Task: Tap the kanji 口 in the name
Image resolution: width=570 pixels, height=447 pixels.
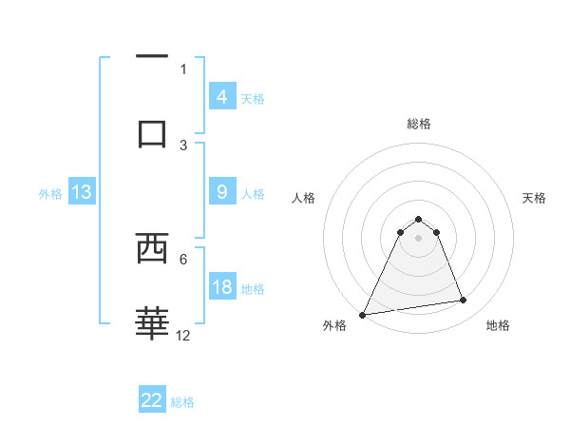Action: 152,134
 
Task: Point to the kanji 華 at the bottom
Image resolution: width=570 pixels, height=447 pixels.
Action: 152,324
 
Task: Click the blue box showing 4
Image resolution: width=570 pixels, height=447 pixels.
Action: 221,97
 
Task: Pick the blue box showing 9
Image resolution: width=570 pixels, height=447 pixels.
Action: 221,192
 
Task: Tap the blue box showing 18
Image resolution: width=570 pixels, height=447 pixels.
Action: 221,287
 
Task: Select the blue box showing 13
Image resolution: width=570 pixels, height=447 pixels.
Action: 82,192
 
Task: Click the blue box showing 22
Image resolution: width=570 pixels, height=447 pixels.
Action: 152,400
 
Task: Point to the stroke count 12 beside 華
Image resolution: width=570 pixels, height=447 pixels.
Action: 183,335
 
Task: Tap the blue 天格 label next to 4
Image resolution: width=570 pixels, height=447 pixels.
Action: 253,98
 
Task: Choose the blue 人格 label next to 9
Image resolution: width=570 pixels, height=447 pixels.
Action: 253,193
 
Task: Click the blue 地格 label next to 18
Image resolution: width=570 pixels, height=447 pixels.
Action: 253,288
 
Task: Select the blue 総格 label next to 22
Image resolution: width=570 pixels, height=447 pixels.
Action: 183,401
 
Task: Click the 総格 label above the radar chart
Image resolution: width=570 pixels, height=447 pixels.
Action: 418,124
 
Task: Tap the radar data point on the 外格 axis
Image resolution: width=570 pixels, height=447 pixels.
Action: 363,314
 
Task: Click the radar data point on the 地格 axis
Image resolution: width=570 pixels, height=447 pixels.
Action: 464,301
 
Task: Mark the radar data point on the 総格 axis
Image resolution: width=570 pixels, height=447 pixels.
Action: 418,219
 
